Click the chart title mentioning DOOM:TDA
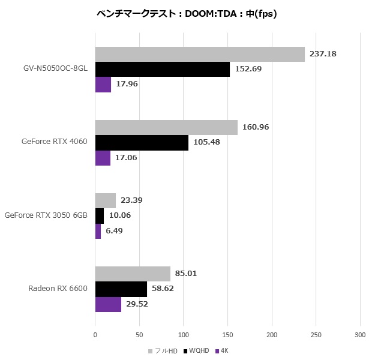(185, 14)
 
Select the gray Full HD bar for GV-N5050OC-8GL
(200, 54)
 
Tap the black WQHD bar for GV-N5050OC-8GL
(162, 69)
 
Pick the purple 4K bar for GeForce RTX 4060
(103, 158)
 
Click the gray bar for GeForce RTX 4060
(166, 127)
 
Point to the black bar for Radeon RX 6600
(121, 289)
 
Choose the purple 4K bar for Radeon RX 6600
(108, 304)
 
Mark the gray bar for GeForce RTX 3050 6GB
(105, 200)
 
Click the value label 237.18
(323, 54)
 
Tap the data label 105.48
(206, 143)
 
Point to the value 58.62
(164, 289)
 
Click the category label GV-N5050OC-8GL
(52, 69)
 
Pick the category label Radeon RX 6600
(58, 289)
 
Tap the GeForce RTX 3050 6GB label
(46, 215)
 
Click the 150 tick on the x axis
(228, 334)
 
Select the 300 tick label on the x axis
(360, 334)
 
